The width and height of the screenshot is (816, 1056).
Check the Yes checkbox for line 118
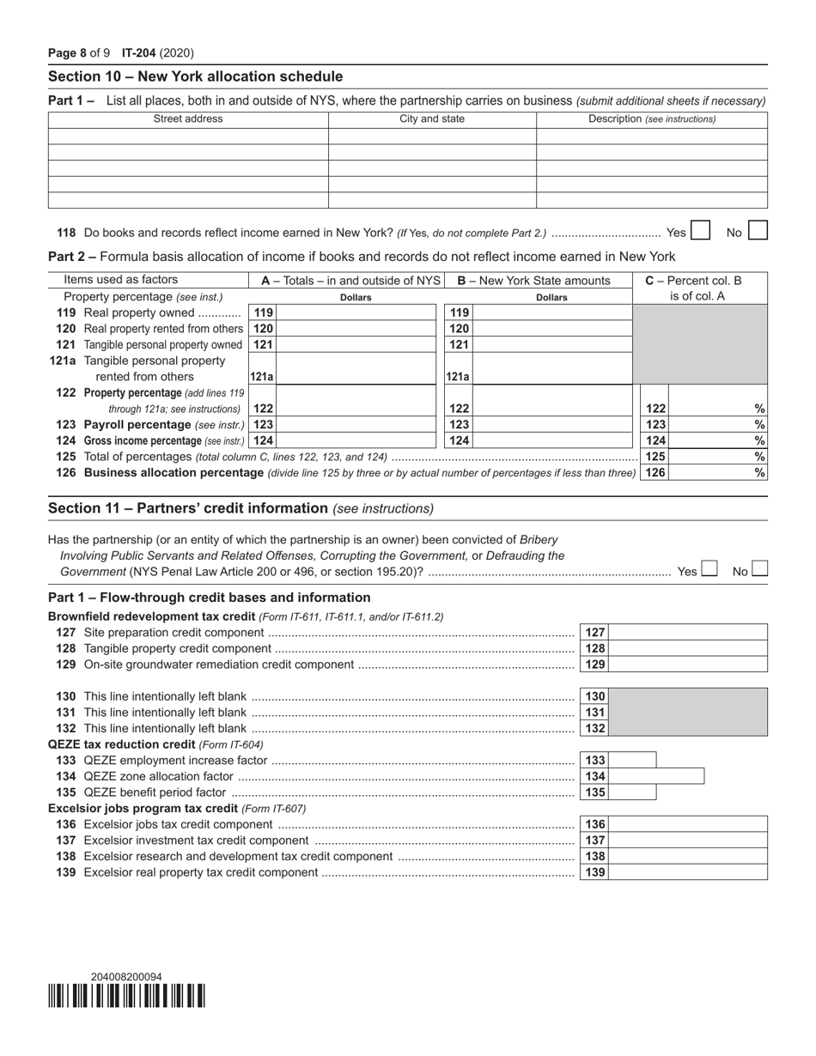click(x=700, y=231)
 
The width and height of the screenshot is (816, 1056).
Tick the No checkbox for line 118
click(x=758, y=231)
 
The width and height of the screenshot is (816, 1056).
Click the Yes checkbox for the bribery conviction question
click(x=709, y=569)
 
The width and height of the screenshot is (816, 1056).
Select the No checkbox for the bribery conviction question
click(x=759, y=569)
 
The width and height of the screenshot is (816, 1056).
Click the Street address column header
click(x=188, y=119)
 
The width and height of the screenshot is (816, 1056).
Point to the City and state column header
click(x=432, y=119)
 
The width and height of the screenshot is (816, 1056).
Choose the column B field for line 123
click(x=551, y=425)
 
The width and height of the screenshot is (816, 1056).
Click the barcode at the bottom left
click(x=126, y=996)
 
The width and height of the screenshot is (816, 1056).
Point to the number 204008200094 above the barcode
click(x=126, y=976)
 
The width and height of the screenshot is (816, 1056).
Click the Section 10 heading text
click(x=195, y=76)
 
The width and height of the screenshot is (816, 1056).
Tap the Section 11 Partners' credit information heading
click(x=241, y=508)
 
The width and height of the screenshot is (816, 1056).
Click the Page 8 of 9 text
click(x=79, y=53)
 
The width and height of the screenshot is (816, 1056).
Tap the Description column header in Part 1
click(x=651, y=119)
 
